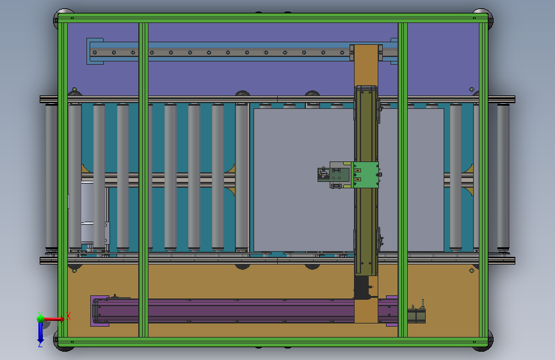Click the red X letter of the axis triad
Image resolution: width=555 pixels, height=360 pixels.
[x=68, y=316]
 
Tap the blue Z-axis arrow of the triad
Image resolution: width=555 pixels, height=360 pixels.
[x=40, y=332]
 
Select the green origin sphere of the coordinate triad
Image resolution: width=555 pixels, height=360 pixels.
[x=41, y=319]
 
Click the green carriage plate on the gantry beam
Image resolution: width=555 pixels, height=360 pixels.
[x=366, y=175]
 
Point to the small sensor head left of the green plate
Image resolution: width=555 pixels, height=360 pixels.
[x=323, y=174]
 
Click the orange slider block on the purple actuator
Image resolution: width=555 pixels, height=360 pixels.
[x=366, y=311]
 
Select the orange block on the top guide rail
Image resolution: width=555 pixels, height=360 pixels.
[x=366, y=65]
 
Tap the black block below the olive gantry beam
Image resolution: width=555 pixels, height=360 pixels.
[x=361, y=288]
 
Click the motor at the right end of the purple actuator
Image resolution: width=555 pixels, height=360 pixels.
[x=416, y=314]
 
